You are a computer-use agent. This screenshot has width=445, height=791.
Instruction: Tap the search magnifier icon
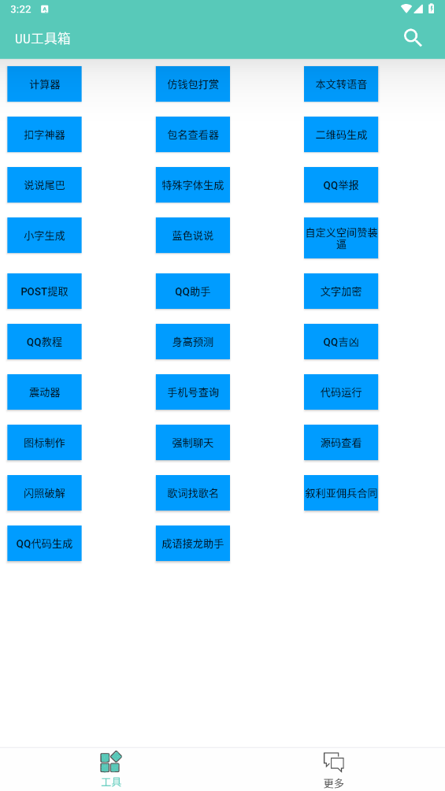pos(413,38)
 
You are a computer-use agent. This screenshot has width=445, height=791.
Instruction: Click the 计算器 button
pos(44,84)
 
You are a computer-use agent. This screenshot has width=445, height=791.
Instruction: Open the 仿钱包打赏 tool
pos(193,84)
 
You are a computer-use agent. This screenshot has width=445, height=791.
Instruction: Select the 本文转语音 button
pos(341,84)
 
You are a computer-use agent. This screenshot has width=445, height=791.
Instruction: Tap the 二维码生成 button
pos(341,134)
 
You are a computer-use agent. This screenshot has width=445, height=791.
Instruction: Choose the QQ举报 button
pos(341,184)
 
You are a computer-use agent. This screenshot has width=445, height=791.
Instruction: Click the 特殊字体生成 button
pos(193,184)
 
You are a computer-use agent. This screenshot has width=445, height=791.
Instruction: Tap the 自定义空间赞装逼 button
pos(341,238)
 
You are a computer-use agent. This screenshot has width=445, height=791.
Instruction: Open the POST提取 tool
pos(44,291)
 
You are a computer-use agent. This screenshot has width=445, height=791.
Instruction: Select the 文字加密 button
pos(341,291)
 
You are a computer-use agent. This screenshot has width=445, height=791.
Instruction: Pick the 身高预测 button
pos(193,341)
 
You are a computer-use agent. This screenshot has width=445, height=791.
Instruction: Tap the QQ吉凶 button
pos(341,341)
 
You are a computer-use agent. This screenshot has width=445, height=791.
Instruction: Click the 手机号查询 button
pos(193,392)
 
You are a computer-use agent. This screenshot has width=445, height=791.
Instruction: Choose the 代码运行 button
pos(341,392)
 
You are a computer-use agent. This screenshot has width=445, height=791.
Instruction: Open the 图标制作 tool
pos(44,443)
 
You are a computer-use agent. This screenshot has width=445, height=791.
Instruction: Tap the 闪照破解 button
pos(44,493)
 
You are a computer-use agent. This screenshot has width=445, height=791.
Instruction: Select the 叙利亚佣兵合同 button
pos(341,493)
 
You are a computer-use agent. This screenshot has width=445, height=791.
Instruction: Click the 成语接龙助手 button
pos(193,544)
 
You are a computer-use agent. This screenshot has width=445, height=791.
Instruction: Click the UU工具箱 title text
pos(43,39)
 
